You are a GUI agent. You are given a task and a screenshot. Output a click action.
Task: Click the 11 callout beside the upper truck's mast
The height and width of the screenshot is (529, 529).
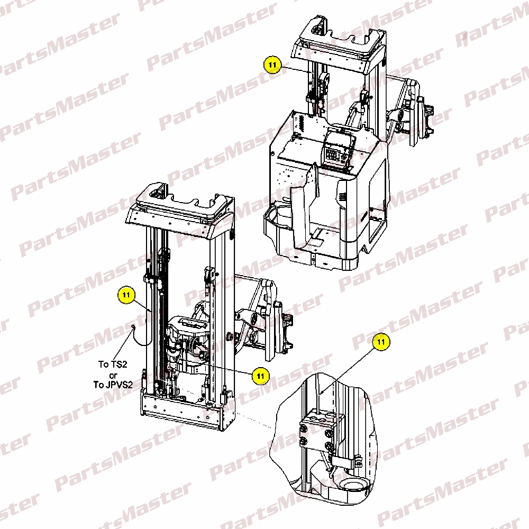[x=272, y=65]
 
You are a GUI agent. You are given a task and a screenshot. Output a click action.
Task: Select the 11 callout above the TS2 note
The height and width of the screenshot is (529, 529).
[x=126, y=295]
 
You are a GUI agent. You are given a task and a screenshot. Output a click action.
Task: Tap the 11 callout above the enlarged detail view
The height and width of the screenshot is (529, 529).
[x=381, y=342]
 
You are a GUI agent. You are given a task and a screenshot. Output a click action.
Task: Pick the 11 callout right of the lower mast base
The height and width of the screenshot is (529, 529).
[x=260, y=376]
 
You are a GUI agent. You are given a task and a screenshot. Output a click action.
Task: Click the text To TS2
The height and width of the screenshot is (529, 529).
[x=113, y=364]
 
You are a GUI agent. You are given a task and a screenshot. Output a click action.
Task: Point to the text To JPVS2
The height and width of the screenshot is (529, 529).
[x=113, y=385]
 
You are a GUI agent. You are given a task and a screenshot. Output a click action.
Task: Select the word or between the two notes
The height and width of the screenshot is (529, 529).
[x=113, y=375]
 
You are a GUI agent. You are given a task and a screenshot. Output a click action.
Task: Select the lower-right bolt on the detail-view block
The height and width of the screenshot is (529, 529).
[x=329, y=446]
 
